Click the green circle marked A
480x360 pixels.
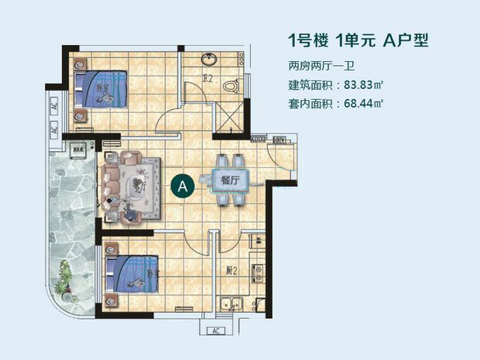click(x=182, y=186)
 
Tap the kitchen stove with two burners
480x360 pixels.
click(x=259, y=271)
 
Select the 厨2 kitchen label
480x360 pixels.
click(x=231, y=271)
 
